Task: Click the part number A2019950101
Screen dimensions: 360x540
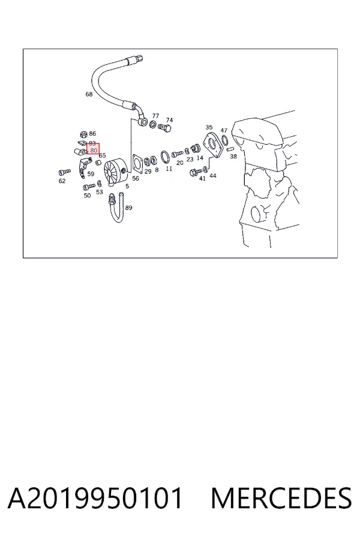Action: click(x=95, y=498)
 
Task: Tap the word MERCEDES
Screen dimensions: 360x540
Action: click(x=281, y=498)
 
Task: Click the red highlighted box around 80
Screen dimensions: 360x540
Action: click(x=93, y=149)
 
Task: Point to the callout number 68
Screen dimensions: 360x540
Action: click(x=89, y=94)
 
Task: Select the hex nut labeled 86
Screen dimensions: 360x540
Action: click(x=83, y=134)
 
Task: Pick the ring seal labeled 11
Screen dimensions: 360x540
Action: click(x=166, y=157)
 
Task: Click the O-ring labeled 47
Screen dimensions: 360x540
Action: click(x=224, y=140)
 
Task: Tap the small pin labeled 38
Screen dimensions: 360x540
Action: click(x=231, y=149)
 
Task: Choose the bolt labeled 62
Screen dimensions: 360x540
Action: click(x=64, y=172)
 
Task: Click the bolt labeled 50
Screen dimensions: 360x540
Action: click(x=89, y=187)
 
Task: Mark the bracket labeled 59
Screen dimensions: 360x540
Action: click(x=83, y=168)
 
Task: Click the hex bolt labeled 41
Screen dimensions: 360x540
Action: click(x=196, y=172)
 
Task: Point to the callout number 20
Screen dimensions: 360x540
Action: click(x=180, y=163)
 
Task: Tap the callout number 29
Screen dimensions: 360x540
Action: click(x=148, y=171)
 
